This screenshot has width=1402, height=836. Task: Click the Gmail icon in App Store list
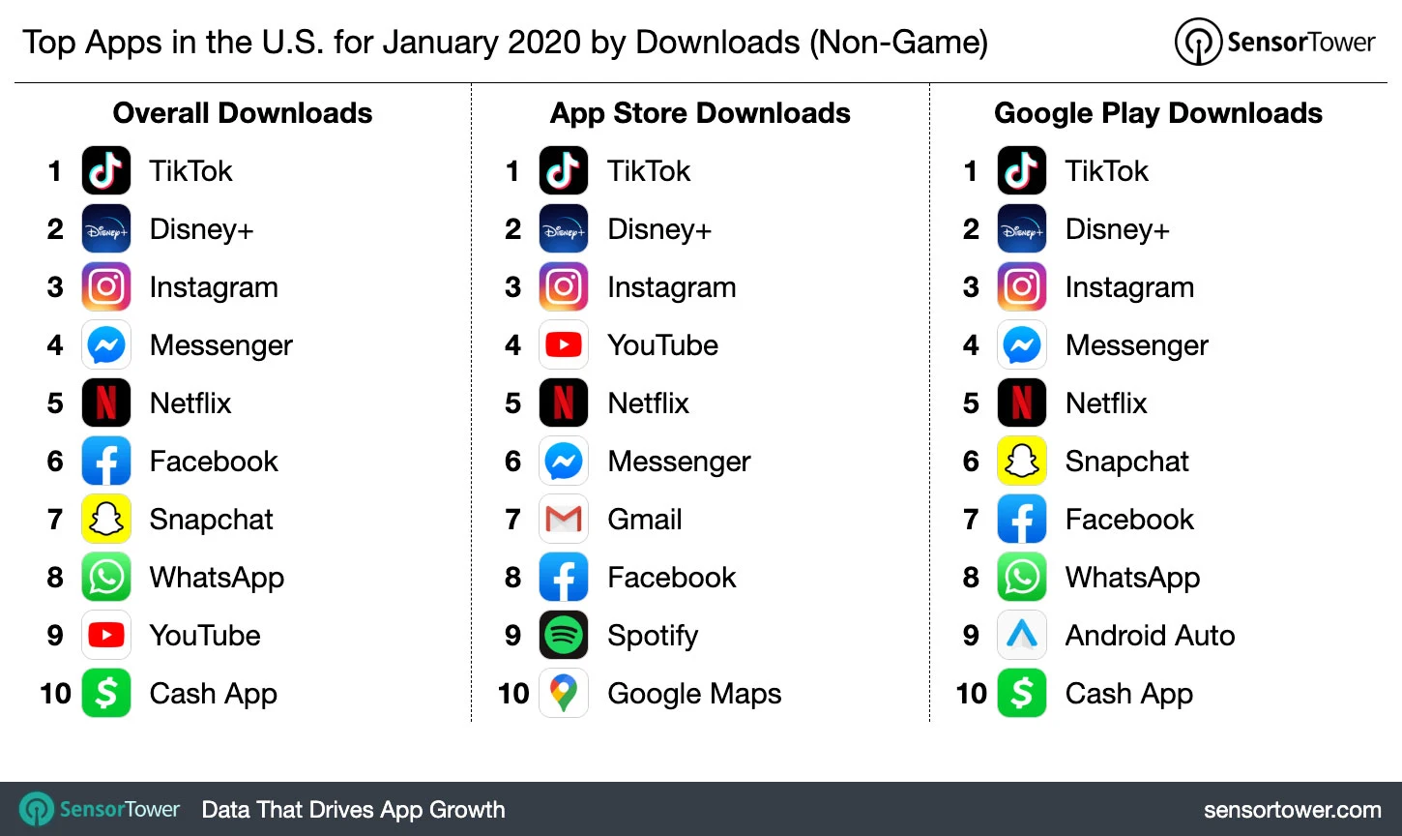tap(564, 520)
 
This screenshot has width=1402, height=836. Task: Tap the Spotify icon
tap(564, 636)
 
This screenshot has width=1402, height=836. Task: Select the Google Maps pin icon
tap(564, 693)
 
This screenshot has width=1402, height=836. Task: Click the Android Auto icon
tap(1022, 636)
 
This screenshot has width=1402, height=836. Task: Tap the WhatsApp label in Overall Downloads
tap(217, 578)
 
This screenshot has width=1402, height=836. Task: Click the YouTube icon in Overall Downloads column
tap(106, 636)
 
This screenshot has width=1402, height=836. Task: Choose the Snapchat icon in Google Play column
tap(1022, 462)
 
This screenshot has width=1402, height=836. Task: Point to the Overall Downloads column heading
tap(243, 113)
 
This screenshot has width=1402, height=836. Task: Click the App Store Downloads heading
tap(700, 113)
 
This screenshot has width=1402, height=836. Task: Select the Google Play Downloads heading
tap(1158, 113)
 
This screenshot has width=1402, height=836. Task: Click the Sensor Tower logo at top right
tap(1274, 43)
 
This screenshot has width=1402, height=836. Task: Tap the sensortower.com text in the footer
tap(1292, 810)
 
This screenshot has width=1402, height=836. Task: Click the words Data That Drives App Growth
tap(353, 810)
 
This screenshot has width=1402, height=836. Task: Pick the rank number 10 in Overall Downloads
tap(55, 694)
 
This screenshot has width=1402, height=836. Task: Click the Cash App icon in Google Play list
tap(1022, 694)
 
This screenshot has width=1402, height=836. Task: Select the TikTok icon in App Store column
tap(564, 171)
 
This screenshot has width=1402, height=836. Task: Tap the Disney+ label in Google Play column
tap(1117, 229)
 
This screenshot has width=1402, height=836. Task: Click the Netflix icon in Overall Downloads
tap(106, 403)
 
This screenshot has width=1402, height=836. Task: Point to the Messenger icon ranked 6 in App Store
tap(564, 462)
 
